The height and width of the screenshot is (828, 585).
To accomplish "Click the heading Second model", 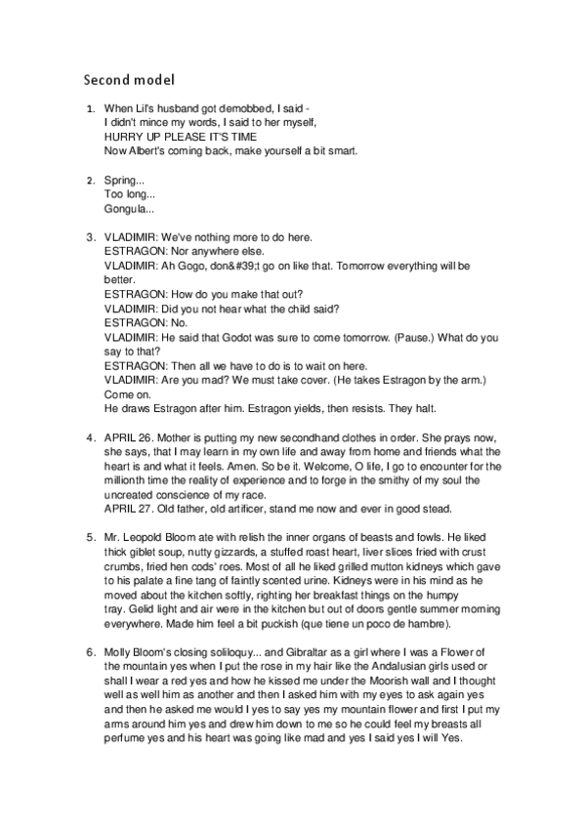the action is coord(129,77).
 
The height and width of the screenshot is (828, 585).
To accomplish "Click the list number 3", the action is coord(90,237).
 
